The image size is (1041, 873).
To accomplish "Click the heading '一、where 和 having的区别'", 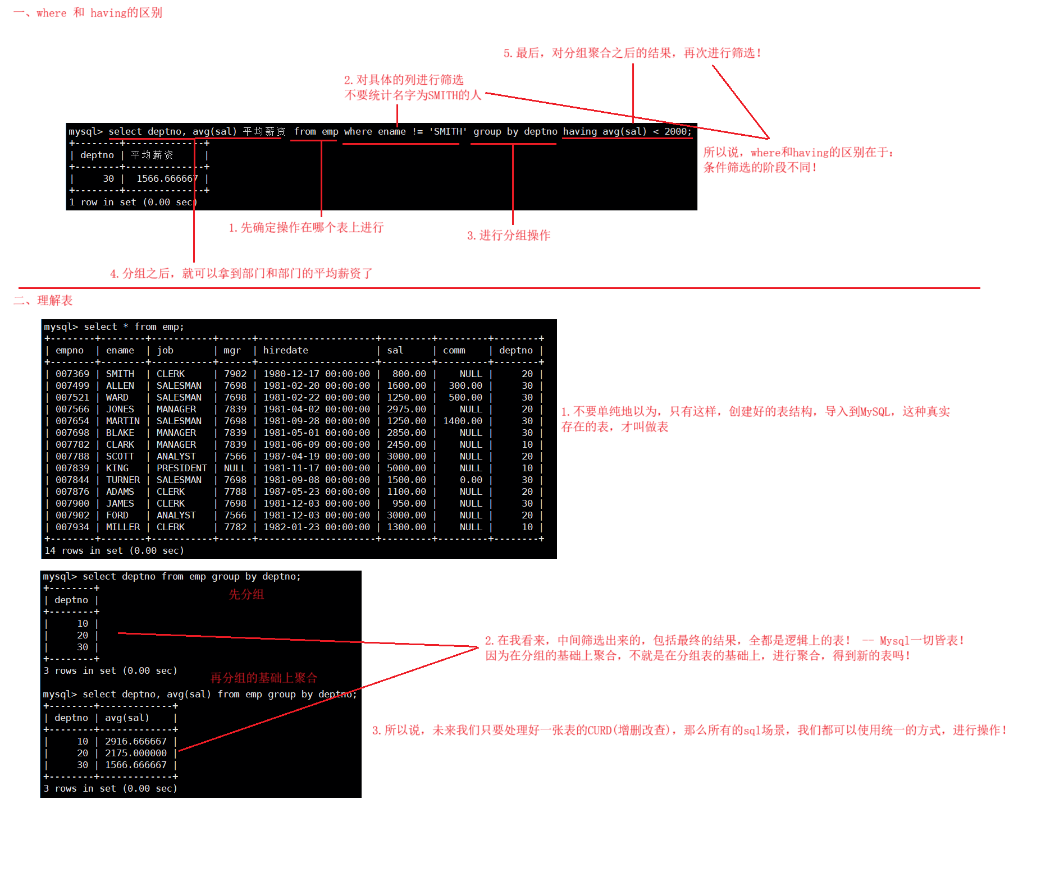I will (88, 13).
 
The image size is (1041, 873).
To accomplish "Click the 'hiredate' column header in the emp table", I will (285, 350).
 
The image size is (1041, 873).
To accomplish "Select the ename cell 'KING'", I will (117, 468).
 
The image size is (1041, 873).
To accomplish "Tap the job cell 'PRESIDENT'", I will (181, 468).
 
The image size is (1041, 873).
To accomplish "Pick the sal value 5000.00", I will (406, 468).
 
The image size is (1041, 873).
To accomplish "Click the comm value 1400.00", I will (462, 421).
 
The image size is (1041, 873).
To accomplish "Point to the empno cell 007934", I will (72, 527).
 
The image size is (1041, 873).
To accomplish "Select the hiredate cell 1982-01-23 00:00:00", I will (316, 527).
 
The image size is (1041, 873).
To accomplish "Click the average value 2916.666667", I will (135, 741).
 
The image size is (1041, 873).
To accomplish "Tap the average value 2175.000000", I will (135, 753).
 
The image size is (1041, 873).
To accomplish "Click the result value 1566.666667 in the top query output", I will (167, 178).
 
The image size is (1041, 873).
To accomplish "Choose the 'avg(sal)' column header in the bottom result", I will (127, 718).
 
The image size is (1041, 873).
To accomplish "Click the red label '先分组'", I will (246, 595).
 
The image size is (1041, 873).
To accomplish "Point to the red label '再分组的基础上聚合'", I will (263, 678).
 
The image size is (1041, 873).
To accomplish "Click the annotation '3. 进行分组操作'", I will (508, 236).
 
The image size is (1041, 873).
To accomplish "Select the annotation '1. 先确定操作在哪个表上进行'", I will (306, 228).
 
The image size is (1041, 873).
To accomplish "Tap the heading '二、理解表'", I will (43, 301).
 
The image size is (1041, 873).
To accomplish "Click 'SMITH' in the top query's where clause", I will (448, 131).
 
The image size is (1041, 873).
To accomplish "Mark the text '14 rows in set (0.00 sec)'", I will (114, 550).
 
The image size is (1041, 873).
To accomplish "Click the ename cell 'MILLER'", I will (122, 527).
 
